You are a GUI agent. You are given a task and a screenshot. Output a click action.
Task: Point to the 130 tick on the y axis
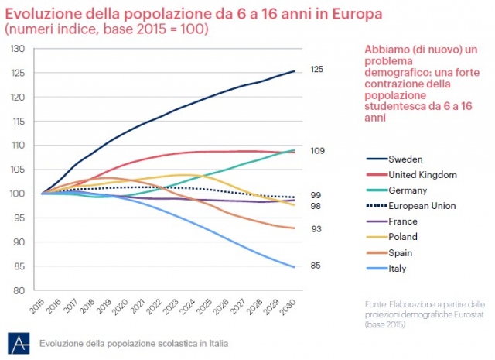pyautogui.click(x=18, y=49)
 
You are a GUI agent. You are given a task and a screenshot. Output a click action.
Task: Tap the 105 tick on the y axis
pyautogui.click(x=18, y=170)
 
